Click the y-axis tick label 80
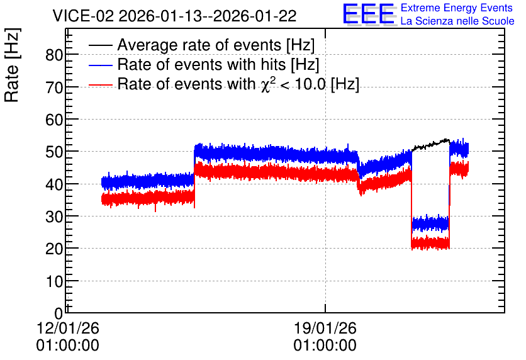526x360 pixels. [54, 55]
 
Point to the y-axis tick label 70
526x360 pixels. [54, 87]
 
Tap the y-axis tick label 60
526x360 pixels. [54, 120]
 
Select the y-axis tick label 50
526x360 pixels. [54, 152]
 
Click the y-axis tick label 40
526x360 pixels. [54, 184]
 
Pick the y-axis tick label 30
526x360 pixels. [54, 217]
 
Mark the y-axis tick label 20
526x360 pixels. [54, 249]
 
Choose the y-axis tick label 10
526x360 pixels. [54, 281]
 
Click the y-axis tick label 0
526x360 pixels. [59, 313]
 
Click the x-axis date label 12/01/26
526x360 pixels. [68, 328]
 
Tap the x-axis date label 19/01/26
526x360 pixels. [325, 328]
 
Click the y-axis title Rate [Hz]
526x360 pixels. [12, 65]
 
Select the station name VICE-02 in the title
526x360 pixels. [84, 16]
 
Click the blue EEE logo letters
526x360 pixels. [369, 14]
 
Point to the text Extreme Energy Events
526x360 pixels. [457, 8]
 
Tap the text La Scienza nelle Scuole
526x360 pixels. [457, 21]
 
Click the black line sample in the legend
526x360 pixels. [100, 45]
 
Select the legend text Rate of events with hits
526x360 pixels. [201, 64]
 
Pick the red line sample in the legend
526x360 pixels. [100, 85]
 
